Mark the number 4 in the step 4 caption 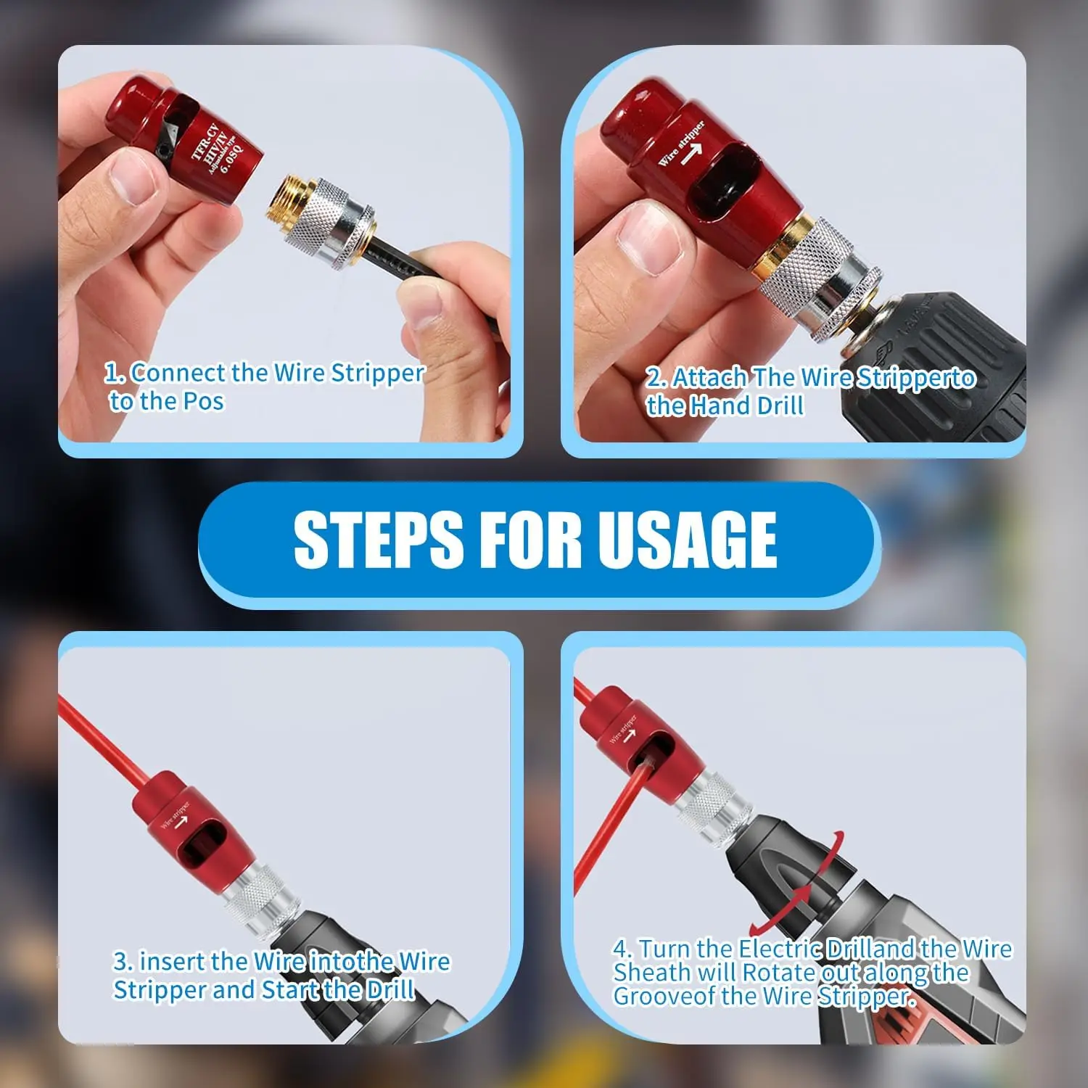tap(621, 948)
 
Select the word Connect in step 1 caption tap(178, 373)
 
